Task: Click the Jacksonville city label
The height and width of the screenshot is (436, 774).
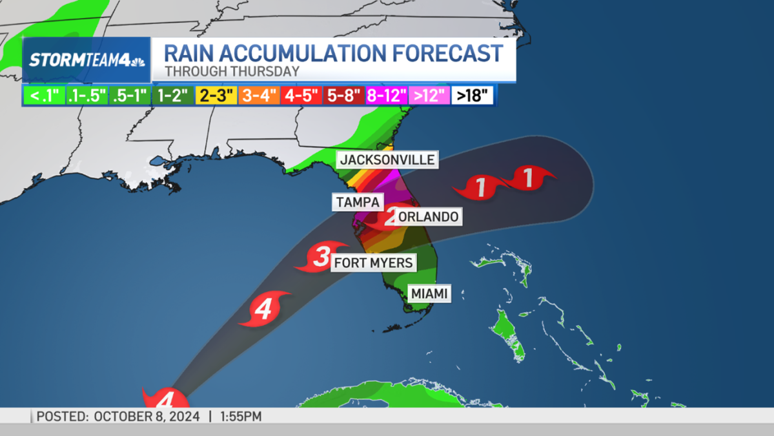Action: pyautogui.click(x=388, y=160)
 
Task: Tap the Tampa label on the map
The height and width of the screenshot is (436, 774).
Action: pyautogui.click(x=358, y=202)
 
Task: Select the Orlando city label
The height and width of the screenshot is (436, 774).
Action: pyautogui.click(x=429, y=217)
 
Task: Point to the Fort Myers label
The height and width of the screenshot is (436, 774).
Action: pyautogui.click(x=373, y=262)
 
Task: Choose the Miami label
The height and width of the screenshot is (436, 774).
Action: pyautogui.click(x=430, y=294)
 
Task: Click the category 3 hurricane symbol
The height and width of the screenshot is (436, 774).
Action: pyautogui.click(x=321, y=257)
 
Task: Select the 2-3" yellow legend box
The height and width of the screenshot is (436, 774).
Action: pyautogui.click(x=216, y=96)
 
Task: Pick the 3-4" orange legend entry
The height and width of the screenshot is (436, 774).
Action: pyautogui.click(x=259, y=96)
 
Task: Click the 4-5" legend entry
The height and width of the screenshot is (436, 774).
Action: pyautogui.click(x=301, y=96)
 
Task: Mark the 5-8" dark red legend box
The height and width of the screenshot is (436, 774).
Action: pyautogui.click(x=344, y=96)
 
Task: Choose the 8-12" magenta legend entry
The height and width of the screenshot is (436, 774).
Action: pyautogui.click(x=387, y=96)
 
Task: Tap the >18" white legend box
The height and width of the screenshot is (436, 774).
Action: pyautogui.click(x=473, y=96)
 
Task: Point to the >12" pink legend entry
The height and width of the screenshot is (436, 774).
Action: pyautogui.click(x=429, y=96)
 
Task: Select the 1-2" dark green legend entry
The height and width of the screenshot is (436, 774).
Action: pyautogui.click(x=173, y=96)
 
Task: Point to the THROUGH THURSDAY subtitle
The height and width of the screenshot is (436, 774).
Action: pyautogui.click(x=232, y=72)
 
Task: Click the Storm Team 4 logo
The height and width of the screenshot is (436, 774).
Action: pyautogui.click(x=87, y=60)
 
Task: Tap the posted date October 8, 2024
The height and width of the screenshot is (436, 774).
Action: pyautogui.click(x=147, y=417)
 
